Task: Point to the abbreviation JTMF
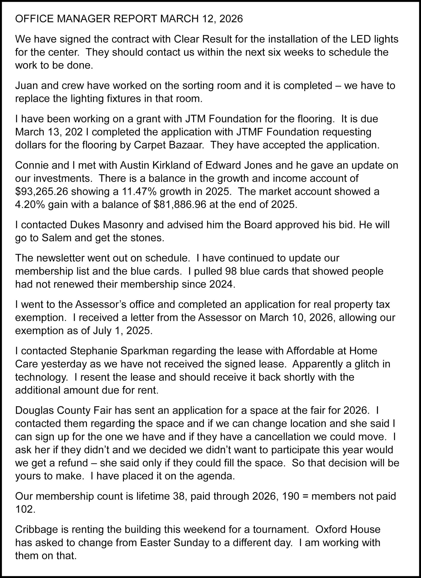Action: pyautogui.click(x=252, y=132)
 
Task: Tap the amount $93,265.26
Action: pyautogui.click(x=41, y=191)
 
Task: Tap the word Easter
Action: pyautogui.click(x=155, y=543)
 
